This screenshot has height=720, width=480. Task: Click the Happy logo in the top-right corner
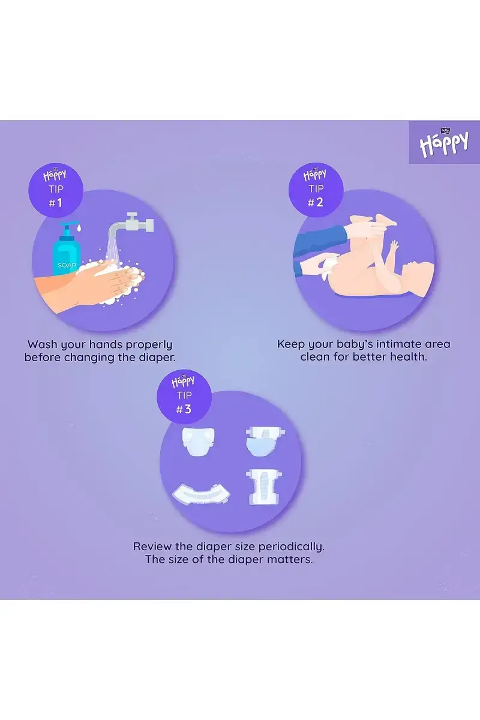[x=444, y=142]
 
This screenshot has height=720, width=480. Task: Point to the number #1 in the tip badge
[x=55, y=203]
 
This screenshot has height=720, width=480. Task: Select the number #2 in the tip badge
[x=315, y=203]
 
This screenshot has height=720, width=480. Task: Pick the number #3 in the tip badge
[x=184, y=409]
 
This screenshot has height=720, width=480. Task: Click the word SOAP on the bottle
[x=67, y=265]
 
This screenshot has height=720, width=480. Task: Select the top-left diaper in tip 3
[x=198, y=442]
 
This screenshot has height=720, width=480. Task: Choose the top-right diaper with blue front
[x=264, y=440]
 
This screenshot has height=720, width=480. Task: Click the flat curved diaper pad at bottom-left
[x=201, y=494]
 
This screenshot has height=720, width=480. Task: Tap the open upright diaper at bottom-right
[x=264, y=487]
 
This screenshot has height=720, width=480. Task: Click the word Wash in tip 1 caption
[x=43, y=344]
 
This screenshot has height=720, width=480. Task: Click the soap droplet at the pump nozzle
[x=79, y=228]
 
